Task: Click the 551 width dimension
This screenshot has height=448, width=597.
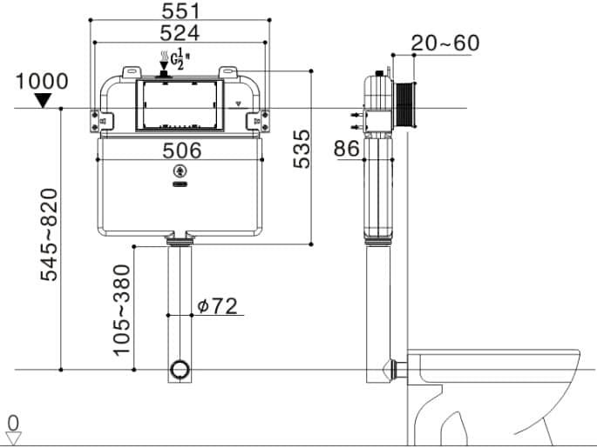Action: pos(181,10)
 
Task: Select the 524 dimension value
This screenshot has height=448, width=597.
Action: pos(180,33)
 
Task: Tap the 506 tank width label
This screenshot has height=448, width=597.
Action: pos(182,150)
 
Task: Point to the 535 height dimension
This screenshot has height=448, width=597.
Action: pos(302,149)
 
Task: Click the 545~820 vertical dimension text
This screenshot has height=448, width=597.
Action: pos(49,235)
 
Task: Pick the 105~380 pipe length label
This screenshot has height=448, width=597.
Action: pos(122,311)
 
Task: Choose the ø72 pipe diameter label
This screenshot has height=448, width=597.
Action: pos(217,306)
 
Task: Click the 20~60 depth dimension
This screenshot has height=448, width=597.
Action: pos(445,43)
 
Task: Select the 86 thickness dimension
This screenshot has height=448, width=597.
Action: pos(347,148)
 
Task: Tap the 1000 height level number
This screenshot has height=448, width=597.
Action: pos(42,81)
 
